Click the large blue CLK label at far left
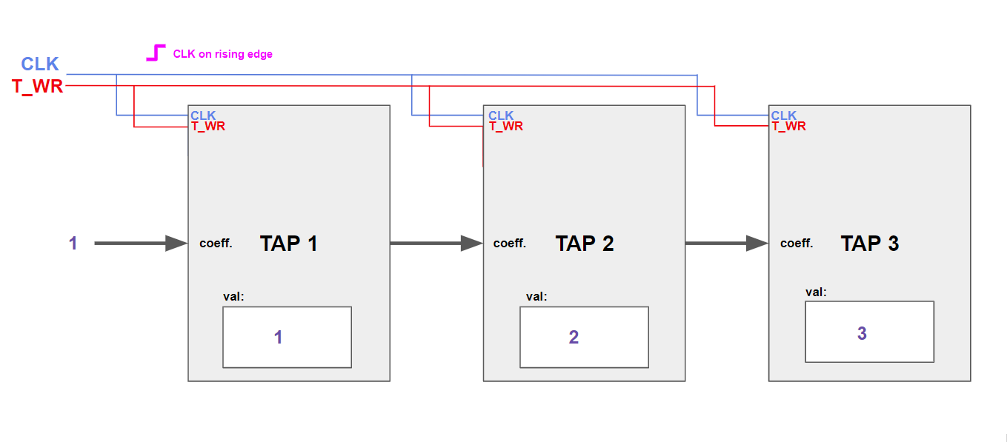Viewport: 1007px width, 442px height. pos(39,64)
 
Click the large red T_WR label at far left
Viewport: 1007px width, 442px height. pos(38,87)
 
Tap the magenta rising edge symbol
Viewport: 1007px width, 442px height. pos(155,53)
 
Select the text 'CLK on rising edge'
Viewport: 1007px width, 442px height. pos(222,54)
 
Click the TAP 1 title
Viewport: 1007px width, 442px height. pos(288,244)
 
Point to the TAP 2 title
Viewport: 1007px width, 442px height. pos(585,244)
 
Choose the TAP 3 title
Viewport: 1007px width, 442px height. pos(869,244)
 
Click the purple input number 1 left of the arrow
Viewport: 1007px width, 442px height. pos(73,243)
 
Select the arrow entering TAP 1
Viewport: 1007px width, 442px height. pos(141,243)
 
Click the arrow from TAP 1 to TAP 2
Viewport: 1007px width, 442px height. pos(436,243)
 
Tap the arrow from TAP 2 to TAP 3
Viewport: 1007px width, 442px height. pos(726,243)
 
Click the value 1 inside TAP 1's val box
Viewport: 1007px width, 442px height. pos(278,338)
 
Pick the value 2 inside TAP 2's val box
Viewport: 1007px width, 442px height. pos(574,338)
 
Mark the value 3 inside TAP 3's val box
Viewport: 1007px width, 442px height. pos(862,333)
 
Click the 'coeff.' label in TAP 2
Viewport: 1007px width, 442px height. pos(510,244)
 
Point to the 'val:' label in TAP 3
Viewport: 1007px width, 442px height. pos(816,292)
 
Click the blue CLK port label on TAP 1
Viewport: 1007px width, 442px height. pos(203,115)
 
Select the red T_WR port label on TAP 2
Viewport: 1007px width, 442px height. pos(505,127)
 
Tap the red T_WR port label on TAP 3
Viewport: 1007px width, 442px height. pos(788,127)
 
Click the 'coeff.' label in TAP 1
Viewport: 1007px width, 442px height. pos(216,244)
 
